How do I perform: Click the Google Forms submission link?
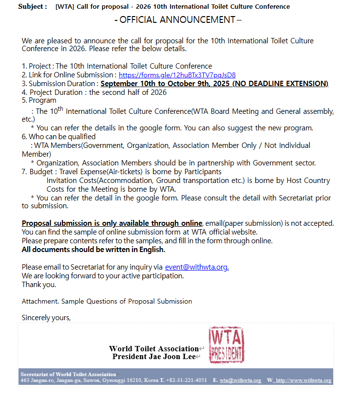(177, 75)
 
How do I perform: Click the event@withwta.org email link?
(197, 267)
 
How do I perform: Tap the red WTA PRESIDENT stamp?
(226, 345)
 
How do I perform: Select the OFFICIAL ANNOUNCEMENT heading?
(178, 20)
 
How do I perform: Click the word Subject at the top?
(32, 7)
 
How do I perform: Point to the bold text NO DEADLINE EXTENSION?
(280, 84)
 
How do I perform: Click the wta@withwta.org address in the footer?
(240, 380)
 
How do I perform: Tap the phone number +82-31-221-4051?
(186, 380)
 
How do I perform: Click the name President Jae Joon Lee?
(153, 357)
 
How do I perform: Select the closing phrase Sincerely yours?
(46, 317)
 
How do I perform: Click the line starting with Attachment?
(107, 301)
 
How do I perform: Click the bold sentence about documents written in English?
(94, 250)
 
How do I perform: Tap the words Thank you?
(39, 285)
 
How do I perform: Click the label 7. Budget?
(38, 172)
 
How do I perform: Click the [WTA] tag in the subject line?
(65, 7)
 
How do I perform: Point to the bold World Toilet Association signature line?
(153, 348)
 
